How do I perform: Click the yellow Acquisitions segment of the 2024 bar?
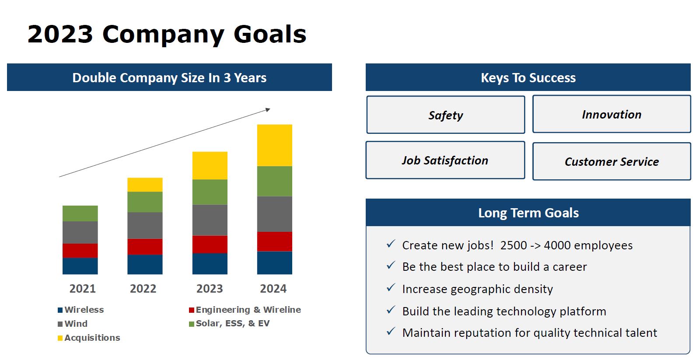274,145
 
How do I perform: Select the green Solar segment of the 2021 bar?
80,213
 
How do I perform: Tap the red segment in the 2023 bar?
210,244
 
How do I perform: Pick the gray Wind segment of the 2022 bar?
145,225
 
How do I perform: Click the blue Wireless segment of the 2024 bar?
274,262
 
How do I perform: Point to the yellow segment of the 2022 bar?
145,185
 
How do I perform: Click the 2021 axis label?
82,289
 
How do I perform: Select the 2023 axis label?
210,289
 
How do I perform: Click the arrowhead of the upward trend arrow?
268,109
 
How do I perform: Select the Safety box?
445,115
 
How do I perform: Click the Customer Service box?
611,161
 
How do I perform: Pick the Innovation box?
611,115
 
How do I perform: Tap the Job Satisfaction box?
445,161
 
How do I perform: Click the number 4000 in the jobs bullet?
557,245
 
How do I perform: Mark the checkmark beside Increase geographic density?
391,288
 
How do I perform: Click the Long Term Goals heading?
528,213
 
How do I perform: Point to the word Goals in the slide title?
270,34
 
